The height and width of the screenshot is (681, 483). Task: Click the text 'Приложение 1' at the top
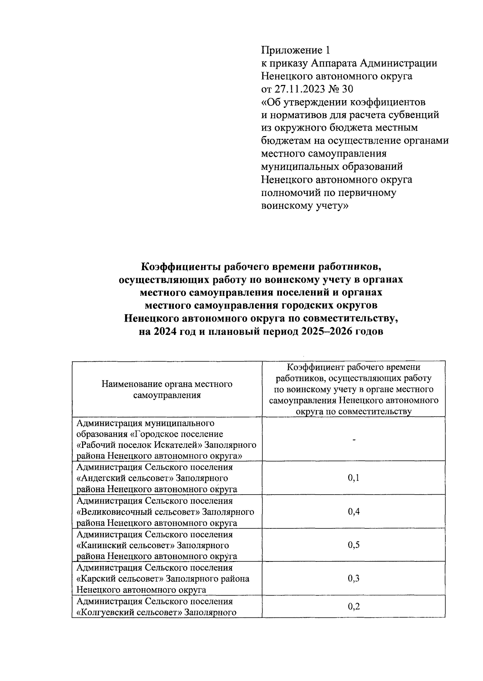coord(295,50)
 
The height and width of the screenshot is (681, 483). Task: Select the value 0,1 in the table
coord(353,478)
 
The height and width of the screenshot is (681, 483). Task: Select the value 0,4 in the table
coord(353,512)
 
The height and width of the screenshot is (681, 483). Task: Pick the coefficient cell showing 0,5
coord(353,545)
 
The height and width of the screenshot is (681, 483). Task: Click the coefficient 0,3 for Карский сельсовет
coord(353,578)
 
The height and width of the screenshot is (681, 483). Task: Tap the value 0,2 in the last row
coord(353,607)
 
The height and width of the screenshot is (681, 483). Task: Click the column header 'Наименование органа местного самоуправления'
coord(167,389)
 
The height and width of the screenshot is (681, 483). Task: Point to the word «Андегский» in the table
coord(104,478)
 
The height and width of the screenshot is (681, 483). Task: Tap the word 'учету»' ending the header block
coord(332,205)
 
